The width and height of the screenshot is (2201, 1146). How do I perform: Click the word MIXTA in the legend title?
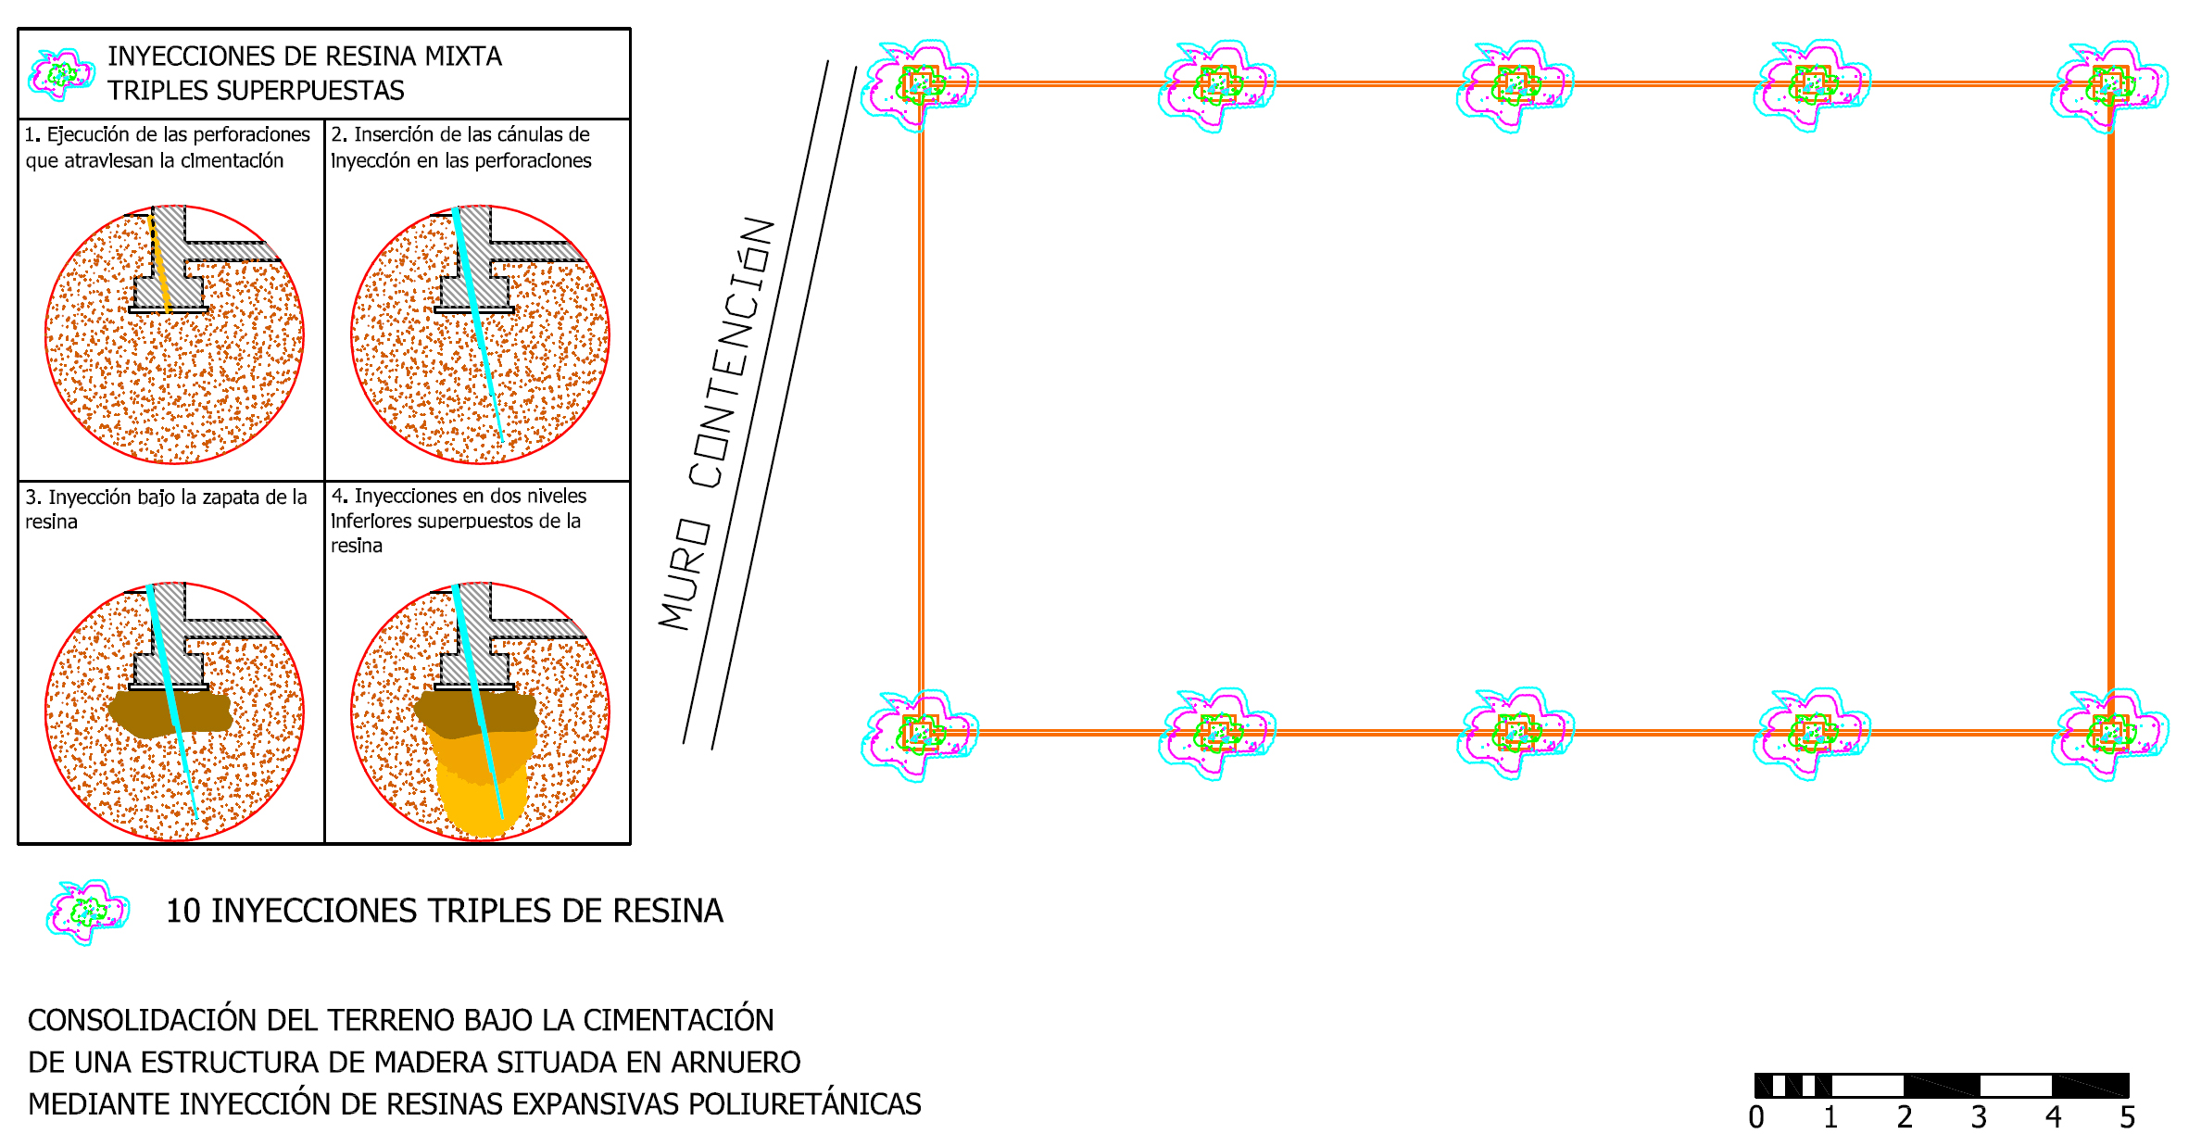point(463,57)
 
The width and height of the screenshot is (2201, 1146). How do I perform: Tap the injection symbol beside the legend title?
point(62,73)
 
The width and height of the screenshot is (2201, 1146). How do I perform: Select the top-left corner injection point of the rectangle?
point(919,85)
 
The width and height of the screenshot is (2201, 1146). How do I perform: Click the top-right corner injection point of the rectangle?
point(2109,85)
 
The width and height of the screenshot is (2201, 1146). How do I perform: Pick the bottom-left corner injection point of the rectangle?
point(919,734)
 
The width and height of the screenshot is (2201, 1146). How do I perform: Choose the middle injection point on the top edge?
point(1515,85)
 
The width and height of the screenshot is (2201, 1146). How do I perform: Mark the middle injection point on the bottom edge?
point(1515,734)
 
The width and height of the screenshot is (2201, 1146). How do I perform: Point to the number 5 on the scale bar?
point(2127,1117)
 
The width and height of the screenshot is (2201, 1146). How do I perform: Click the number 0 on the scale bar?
point(1756,1117)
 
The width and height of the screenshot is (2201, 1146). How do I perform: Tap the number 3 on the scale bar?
point(1979,1117)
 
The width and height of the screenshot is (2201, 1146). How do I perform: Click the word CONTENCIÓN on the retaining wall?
point(733,352)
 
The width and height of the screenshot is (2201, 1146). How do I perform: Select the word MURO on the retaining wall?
point(684,574)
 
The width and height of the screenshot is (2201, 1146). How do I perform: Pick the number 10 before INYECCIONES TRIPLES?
point(182,911)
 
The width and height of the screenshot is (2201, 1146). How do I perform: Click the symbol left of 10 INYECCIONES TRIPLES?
point(87,912)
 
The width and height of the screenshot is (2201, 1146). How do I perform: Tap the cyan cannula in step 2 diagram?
point(477,324)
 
